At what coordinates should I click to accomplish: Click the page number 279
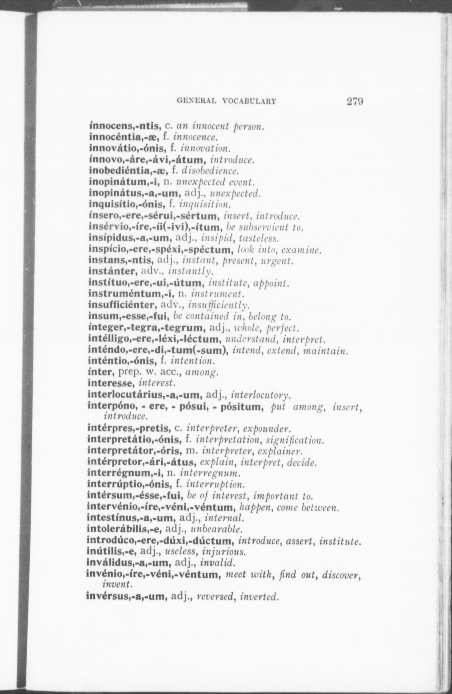click(354, 101)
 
